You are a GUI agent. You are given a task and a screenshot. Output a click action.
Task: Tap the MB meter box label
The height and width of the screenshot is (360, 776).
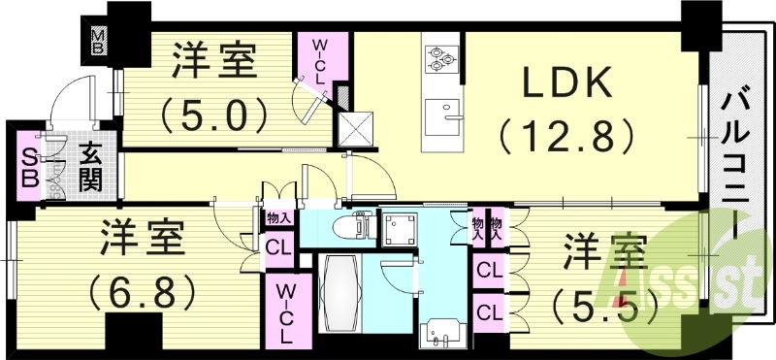(x=98, y=42)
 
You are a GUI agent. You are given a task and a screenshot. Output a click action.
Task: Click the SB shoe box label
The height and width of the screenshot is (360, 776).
(x=28, y=169)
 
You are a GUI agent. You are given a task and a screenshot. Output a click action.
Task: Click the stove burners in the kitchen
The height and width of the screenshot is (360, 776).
(x=441, y=58)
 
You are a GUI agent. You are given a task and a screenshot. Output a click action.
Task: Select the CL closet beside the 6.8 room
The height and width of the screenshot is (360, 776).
(x=276, y=247)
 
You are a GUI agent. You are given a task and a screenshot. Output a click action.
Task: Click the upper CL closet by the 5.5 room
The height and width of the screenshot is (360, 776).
(x=489, y=268)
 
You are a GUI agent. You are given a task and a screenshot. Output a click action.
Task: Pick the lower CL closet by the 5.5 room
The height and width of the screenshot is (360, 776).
(x=489, y=311)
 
